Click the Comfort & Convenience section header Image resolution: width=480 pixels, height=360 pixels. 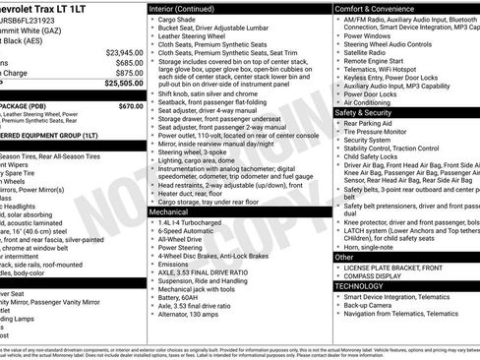click(370, 8)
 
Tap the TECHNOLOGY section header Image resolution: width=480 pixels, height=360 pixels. click(361, 286)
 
